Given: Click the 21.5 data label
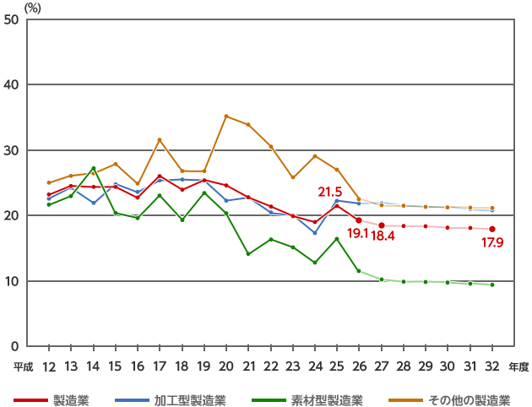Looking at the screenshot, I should click(x=329, y=193).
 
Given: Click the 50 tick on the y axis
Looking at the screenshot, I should click(x=13, y=19).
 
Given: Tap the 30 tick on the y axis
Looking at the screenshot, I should click(x=13, y=150).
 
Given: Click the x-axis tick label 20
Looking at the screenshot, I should click(x=225, y=366).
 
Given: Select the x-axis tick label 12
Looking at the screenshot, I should click(x=48, y=366).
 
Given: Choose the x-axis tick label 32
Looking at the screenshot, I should click(x=492, y=366).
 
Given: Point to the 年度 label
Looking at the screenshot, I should click(x=518, y=366).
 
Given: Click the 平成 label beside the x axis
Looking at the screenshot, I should click(x=23, y=366).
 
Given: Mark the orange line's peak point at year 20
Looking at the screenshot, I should click(x=225, y=116).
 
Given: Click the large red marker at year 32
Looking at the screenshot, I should click(x=492, y=229).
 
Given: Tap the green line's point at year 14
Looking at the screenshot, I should click(x=93, y=168).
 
